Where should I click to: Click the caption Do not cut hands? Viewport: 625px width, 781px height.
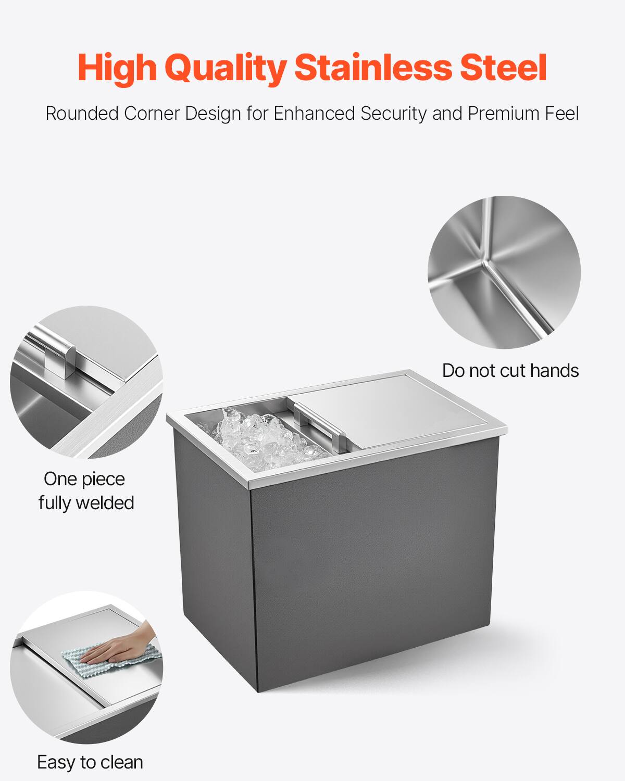(510, 371)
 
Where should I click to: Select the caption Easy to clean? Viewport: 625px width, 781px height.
(90, 762)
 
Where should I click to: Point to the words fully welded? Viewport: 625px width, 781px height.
(86, 503)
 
